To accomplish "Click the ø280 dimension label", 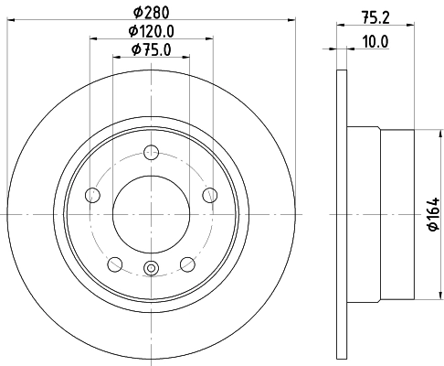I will pos(152,12).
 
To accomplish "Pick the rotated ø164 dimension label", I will pos(432,215).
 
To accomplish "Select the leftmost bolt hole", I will pos(92,194).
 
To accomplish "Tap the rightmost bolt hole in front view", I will pos(210,194).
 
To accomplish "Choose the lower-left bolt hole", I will pos(115,264).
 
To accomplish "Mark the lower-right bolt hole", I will pos(187,264).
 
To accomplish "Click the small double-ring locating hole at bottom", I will pos(152,268).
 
